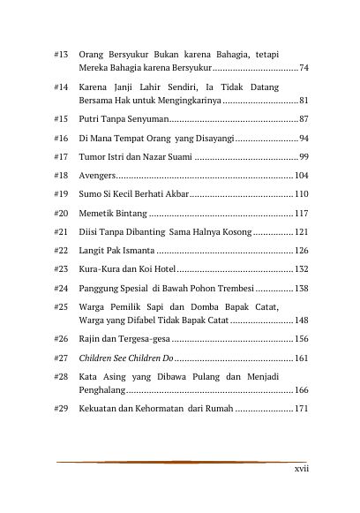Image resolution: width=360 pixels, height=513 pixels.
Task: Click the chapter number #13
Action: tap(61, 55)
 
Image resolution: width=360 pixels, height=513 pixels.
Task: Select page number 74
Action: tap(304, 68)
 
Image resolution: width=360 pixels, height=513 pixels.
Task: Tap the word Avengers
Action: tap(96, 176)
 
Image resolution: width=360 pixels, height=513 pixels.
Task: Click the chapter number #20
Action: tap(61, 214)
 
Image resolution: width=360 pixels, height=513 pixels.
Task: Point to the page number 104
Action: tap(301, 176)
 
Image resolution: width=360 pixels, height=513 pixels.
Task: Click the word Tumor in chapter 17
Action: tap(93, 156)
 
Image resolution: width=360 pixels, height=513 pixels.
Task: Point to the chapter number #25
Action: tap(61, 307)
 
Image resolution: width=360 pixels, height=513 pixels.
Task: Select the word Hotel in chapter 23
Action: tap(163, 269)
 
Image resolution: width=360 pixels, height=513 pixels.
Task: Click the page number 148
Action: tap(301, 321)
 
